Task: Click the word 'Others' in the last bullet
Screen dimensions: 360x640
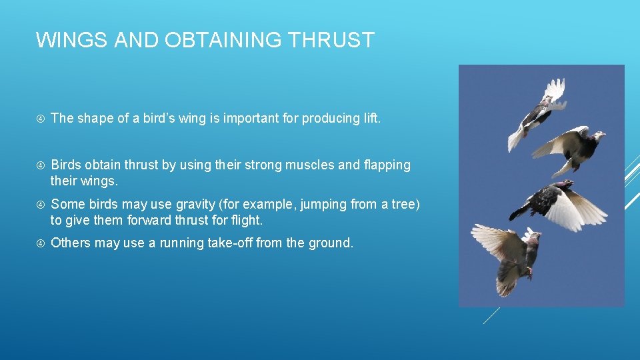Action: point(70,243)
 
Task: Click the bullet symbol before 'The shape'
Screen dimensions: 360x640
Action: point(40,119)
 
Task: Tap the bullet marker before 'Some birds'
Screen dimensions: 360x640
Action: point(40,205)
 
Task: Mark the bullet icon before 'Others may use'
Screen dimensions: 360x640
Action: point(40,243)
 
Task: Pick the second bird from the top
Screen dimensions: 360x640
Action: point(573,147)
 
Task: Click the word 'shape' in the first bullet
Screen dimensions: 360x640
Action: point(95,118)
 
